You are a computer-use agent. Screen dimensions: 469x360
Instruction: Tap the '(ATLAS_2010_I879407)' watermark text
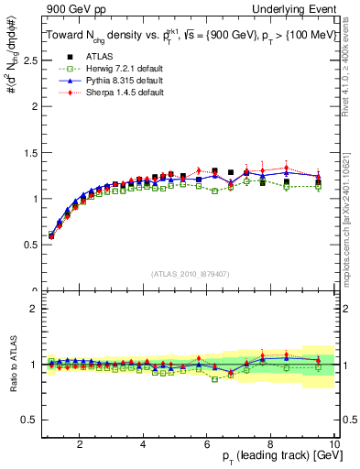190,273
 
